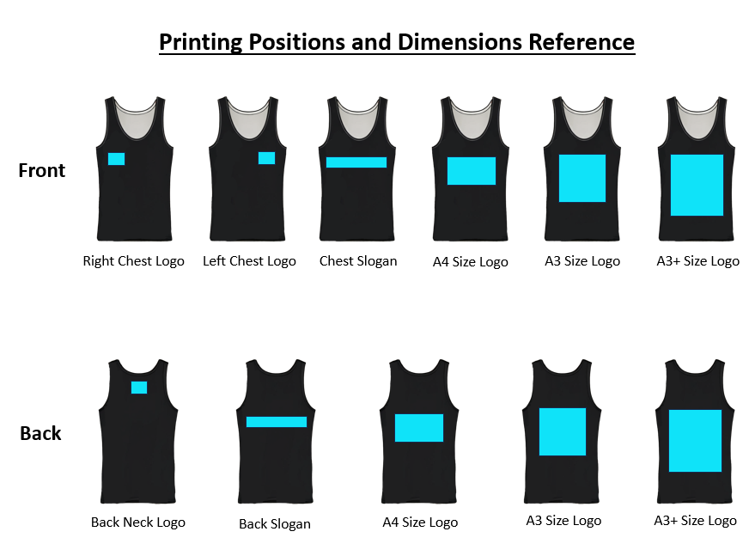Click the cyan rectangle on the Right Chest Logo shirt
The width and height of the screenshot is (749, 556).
pyautogui.click(x=116, y=159)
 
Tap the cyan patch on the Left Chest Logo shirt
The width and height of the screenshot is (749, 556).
pyautogui.click(x=266, y=158)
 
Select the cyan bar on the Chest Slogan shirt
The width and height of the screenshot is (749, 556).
pyautogui.click(x=356, y=162)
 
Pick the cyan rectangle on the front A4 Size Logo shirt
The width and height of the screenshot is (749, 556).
pyautogui.click(x=472, y=171)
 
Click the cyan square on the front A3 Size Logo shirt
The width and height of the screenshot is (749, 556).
pyautogui.click(x=582, y=178)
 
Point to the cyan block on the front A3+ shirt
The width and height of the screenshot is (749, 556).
pyautogui.click(x=697, y=185)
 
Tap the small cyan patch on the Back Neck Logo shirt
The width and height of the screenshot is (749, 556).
pyautogui.click(x=139, y=388)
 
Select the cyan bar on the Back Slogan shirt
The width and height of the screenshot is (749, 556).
pyautogui.click(x=277, y=422)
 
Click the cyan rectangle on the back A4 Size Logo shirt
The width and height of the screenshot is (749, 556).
pyautogui.click(x=419, y=428)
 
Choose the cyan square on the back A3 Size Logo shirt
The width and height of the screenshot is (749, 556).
pyautogui.click(x=563, y=431)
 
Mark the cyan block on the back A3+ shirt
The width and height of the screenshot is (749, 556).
pyautogui.click(x=695, y=441)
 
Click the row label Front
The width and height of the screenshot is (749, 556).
pyautogui.click(x=41, y=170)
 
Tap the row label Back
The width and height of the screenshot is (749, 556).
pyautogui.click(x=40, y=433)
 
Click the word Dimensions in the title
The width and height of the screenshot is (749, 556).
pyautogui.click(x=460, y=42)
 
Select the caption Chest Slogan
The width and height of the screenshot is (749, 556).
pyautogui.click(x=358, y=260)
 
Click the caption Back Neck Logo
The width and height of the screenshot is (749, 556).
pyautogui.click(x=138, y=522)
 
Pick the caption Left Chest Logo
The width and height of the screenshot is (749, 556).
pyautogui.click(x=249, y=260)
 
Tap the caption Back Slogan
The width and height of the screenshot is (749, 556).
pyautogui.click(x=275, y=524)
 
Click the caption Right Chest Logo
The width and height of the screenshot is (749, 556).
pyautogui.click(x=134, y=260)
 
